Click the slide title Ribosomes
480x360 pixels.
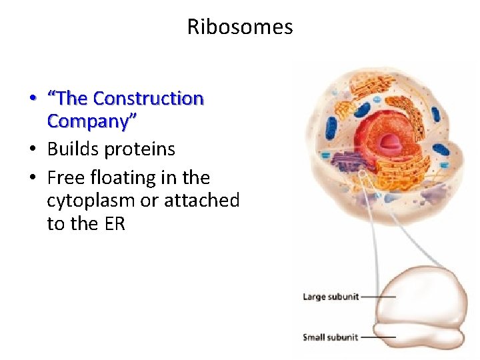tap(239, 27)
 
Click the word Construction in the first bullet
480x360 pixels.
tap(148, 99)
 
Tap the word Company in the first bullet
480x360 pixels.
tap(90, 122)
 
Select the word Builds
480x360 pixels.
tap(73, 149)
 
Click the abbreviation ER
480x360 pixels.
tap(114, 224)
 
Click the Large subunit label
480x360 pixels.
tap(331, 297)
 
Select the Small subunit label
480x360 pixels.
tap(331, 337)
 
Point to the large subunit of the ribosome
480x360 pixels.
tap(420, 293)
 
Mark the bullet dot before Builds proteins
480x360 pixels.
tap(32, 149)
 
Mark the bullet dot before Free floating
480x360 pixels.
tap(32, 178)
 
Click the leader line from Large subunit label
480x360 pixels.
tap(379, 297)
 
